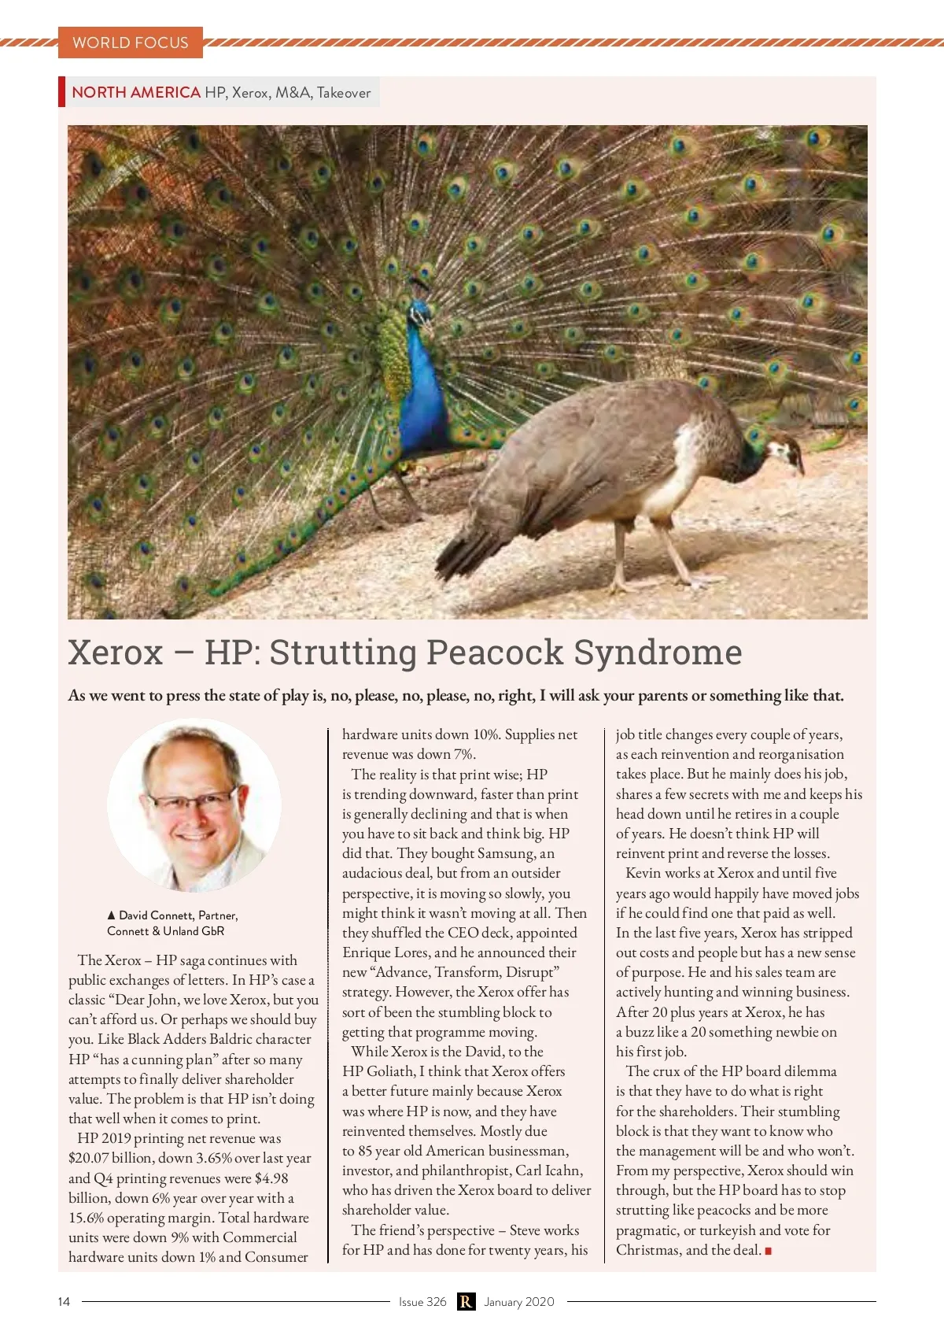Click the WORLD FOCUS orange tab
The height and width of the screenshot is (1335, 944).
point(131,43)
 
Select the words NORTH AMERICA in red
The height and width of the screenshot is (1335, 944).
point(136,92)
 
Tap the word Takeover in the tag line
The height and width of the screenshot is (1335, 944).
point(344,93)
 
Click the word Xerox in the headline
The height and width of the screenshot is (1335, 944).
point(116,653)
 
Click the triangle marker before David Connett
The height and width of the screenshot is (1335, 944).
point(112,915)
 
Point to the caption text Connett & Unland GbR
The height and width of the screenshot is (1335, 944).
point(166,931)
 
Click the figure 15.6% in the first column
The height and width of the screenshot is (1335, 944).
point(88,1218)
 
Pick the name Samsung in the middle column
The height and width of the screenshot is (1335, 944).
point(504,853)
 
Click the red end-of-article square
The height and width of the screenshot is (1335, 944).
point(768,1251)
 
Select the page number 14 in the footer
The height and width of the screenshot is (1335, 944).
point(64,1302)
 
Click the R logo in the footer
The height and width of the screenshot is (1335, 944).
point(466,1302)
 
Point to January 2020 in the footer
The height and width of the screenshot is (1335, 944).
point(519,1302)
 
